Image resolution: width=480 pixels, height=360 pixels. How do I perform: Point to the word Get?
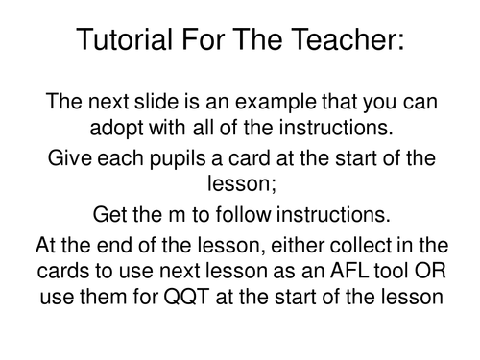point(112,214)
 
